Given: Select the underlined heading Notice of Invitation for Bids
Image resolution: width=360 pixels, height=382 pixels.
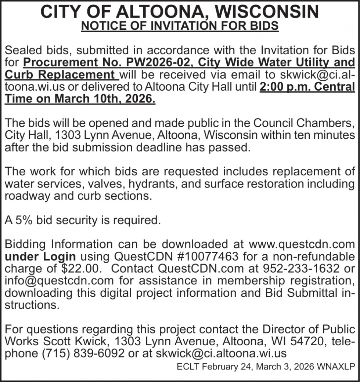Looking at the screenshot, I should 180,27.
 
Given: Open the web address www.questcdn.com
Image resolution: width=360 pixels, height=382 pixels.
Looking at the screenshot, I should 302,244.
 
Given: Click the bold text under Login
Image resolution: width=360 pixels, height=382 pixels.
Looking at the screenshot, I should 40,256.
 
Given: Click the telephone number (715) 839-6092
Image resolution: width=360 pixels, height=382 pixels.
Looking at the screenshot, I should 93,353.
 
